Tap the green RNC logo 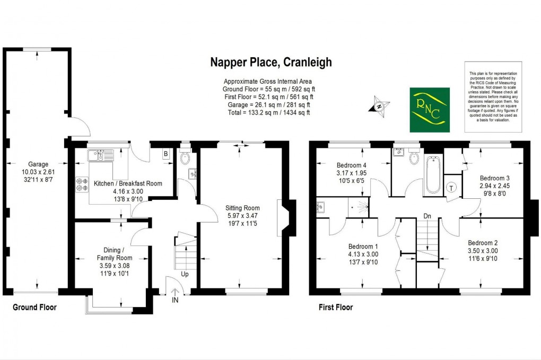pos(430,110)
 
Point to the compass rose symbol pos(379,106)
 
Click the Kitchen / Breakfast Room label pos(128,183)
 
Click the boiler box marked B pos(165,154)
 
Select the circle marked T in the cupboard pos(452,187)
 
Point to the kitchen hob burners pos(82,184)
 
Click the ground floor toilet pos(185,158)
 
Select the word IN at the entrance pos(175,300)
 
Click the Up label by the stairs pos(185,275)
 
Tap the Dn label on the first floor pos(427,216)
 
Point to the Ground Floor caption pos(34,308)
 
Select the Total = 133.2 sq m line pos(267,112)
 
